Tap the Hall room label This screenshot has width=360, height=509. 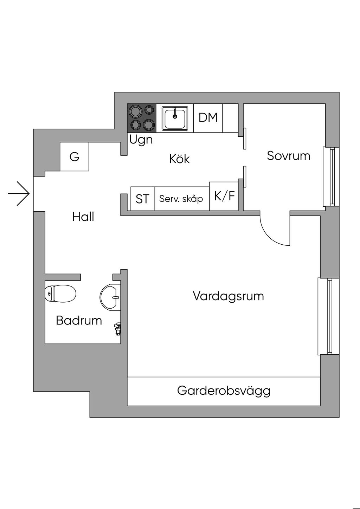coord(83,217)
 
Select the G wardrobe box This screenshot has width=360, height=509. coord(74,156)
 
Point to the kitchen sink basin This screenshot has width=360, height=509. coord(175,118)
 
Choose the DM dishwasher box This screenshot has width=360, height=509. coord(208,118)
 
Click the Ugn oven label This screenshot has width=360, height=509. coord(141,140)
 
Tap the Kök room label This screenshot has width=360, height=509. coord(179,159)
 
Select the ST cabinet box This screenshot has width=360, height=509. coord(142,199)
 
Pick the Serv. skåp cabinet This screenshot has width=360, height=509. coord(181,199)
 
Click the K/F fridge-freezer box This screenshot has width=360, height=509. coord(224,196)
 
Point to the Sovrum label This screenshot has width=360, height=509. coord(288,156)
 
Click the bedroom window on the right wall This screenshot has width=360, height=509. coord(331,176)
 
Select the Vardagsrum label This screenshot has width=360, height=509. coord(228,296)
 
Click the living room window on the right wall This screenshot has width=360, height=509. coord(328,316)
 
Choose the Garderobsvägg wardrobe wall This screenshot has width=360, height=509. coord(224,391)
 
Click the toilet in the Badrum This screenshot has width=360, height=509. coord(61,293)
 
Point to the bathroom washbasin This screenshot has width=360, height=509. coord(110,297)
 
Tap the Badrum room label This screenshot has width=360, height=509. coord(79,321)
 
